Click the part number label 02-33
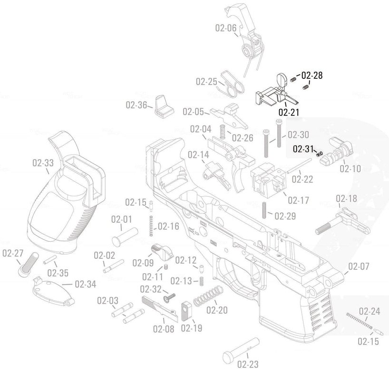43,163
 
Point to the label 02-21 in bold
289,113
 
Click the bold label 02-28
312,76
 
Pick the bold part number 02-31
303,149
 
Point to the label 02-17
298,200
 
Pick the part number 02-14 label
198,155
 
